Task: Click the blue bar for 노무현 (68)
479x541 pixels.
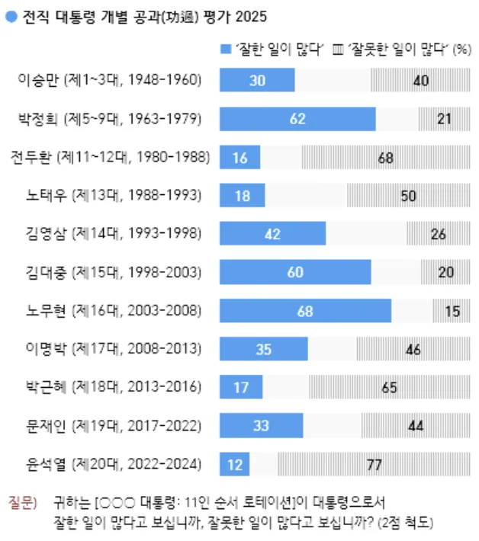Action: click(305, 310)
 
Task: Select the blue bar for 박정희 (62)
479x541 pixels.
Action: click(297, 119)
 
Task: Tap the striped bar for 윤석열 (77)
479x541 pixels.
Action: click(374, 463)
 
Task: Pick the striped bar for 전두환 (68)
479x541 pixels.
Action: click(386, 157)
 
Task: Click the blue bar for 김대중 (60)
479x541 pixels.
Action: click(295, 272)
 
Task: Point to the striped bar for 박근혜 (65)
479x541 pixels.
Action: click(389, 387)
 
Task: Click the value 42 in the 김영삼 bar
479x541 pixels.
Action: click(273, 234)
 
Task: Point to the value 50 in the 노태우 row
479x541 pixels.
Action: click(408, 196)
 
